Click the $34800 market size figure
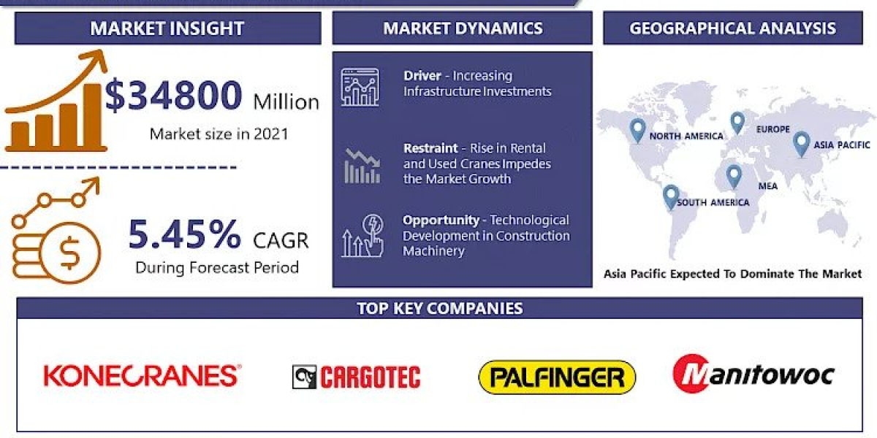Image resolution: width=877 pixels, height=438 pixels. tap(174, 96)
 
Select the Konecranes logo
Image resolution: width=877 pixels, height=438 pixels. tap(142, 375)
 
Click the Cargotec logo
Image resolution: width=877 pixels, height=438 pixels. tap(356, 377)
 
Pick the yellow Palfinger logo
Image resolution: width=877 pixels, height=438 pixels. tap(557, 377)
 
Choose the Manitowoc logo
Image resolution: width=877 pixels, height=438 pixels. tap(753, 374)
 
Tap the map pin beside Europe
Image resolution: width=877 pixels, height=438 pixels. tap(737, 122)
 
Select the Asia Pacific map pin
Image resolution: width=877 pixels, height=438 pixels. tap(801, 143)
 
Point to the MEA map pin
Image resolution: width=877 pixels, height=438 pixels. tap(733, 176)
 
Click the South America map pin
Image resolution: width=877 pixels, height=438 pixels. tap(670, 196)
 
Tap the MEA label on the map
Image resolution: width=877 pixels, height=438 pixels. tap(767, 186)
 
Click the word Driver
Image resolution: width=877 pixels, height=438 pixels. tap(422, 76)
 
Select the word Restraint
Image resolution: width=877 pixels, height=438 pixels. tap(431, 148)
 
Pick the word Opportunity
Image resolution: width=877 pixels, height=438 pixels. tap(441, 220)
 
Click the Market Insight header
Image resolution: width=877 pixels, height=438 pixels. tap(167, 29)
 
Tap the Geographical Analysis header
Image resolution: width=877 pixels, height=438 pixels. tap(732, 28)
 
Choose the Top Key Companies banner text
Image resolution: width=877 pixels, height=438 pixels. tap(439, 308)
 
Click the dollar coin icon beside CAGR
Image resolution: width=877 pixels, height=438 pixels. tap(70, 253)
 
